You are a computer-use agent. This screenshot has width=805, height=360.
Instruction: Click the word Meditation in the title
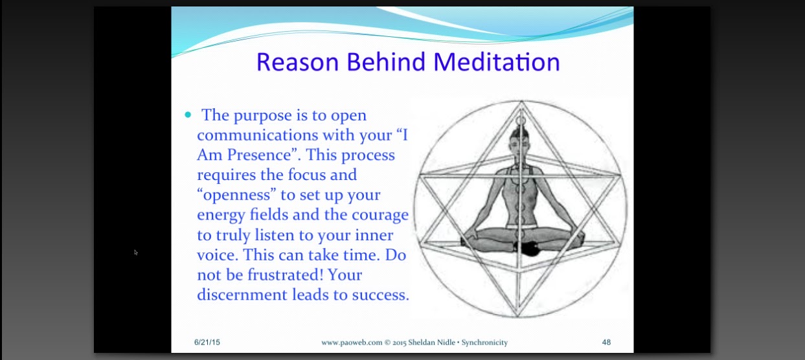click(x=497, y=62)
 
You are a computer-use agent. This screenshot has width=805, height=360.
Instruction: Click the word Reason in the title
click(x=297, y=62)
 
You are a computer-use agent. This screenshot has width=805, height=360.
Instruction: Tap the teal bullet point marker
click(x=188, y=115)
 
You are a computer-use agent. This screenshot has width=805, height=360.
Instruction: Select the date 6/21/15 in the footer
click(x=207, y=342)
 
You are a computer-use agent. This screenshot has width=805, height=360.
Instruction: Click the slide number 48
click(x=606, y=342)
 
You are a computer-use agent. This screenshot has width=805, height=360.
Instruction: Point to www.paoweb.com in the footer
click(x=352, y=343)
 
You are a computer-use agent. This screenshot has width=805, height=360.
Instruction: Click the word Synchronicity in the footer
click(x=484, y=343)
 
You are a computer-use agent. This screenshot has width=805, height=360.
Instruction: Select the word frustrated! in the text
click(x=286, y=275)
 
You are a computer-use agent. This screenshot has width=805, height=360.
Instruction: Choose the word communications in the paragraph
click(x=257, y=135)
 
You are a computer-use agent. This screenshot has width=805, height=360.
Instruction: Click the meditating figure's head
click(x=519, y=142)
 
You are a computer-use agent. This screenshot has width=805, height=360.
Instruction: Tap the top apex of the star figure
click(x=522, y=102)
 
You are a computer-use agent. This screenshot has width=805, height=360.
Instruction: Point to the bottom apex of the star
click(x=518, y=316)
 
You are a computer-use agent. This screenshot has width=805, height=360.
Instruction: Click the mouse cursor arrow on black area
click(x=136, y=253)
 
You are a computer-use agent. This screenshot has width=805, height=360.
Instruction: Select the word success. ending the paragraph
click(x=381, y=295)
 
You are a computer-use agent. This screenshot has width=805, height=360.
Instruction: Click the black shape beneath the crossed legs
click(x=529, y=249)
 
